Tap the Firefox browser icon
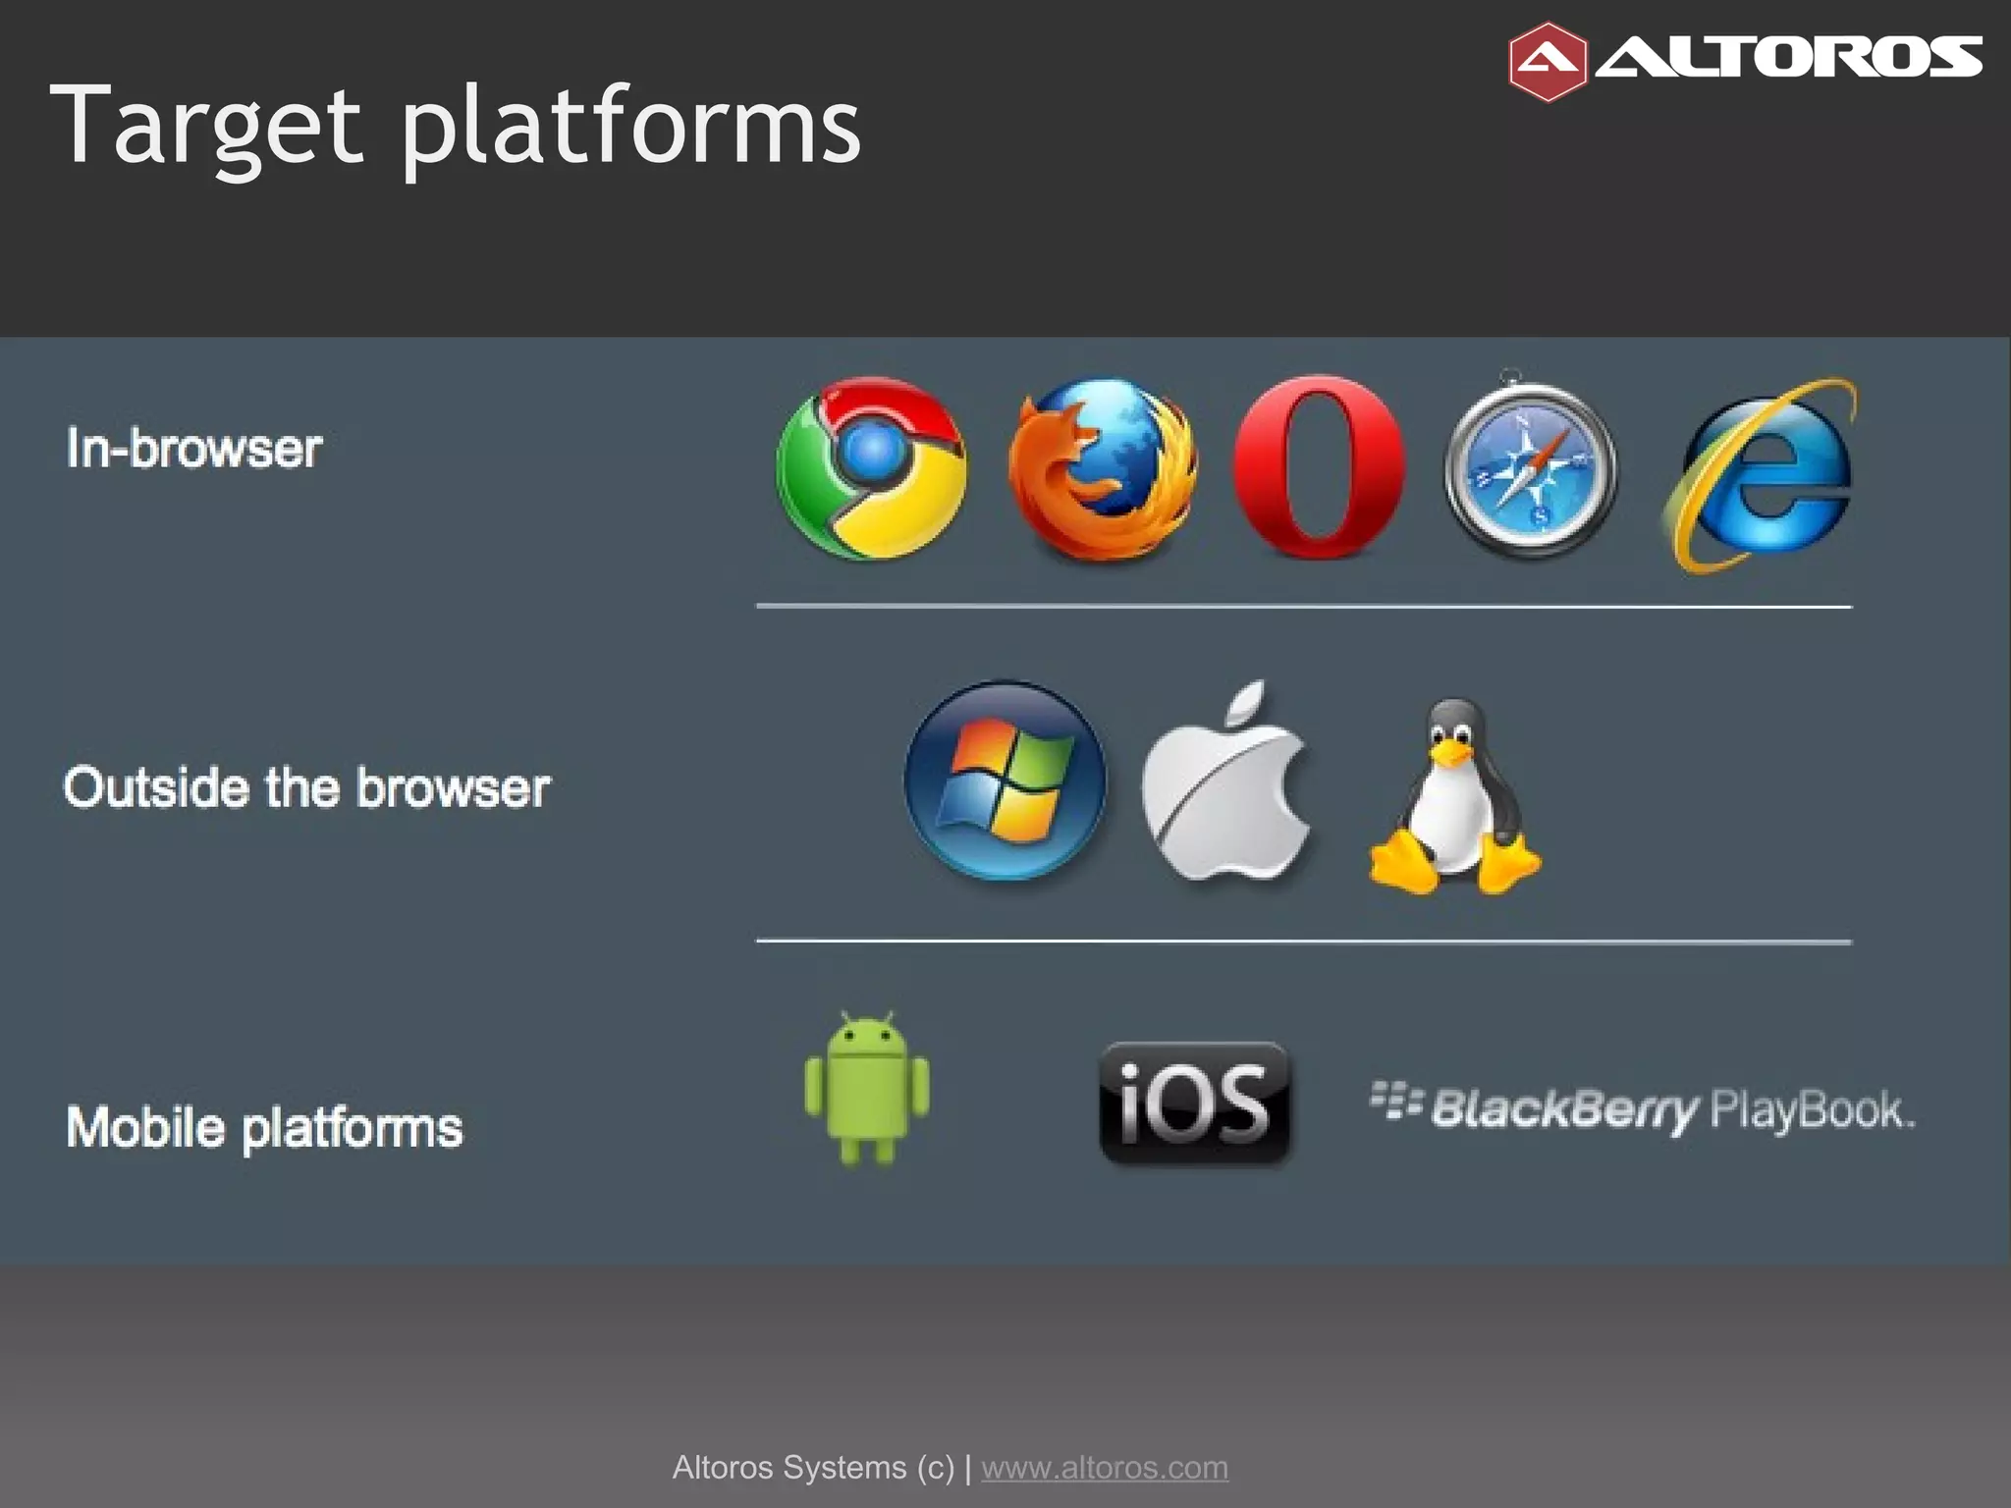coord(1103,469)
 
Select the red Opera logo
coord(1319,466)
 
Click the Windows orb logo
coord(1005,780)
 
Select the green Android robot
coord(867,1088)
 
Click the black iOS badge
coord(1194,1104)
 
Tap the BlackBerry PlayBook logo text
coord(1642,1109)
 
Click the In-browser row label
coord(194,449)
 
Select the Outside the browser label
coord(306,787)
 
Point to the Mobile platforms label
coord(264,1126)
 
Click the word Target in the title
coord(206,126)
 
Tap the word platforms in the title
coord(630,126)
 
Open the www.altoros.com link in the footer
coord(1105,1468)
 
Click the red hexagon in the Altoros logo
coord(1547,62)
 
